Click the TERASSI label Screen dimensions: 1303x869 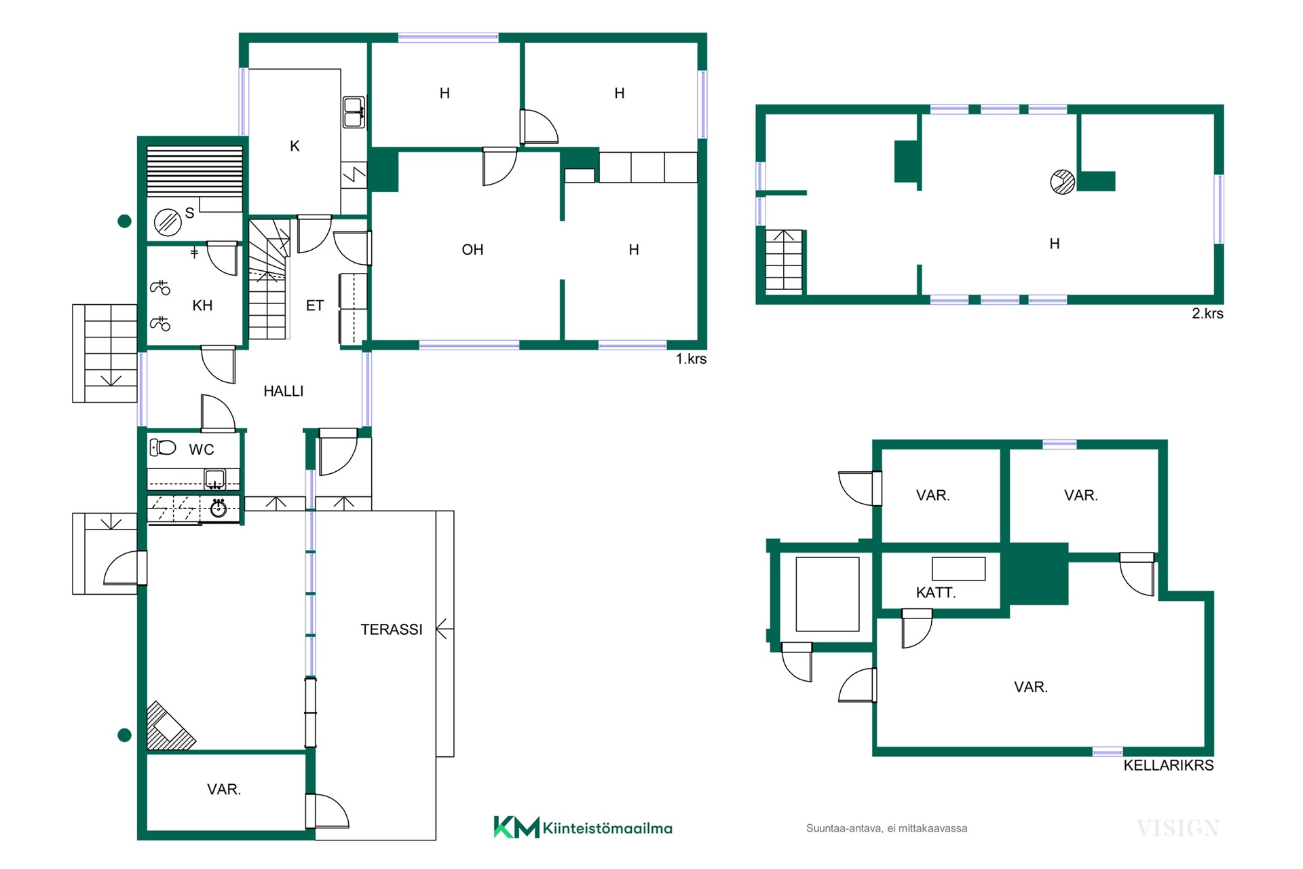(391, 629)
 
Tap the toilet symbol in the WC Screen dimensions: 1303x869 (163, 447)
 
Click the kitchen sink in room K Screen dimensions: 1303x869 (354, 113)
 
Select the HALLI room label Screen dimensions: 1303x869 (283, 391)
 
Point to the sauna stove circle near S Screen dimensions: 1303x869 (168, 222)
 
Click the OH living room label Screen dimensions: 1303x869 (472, 250)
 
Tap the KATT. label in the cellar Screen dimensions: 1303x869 (936, 593)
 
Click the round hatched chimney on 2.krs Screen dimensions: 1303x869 (1062, 182)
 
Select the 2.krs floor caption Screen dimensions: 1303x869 (1207, 314)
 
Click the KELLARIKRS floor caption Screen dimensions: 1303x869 (1168, 765)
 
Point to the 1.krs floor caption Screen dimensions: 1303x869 (691, 359)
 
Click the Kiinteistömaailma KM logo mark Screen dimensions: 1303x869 (516, 827)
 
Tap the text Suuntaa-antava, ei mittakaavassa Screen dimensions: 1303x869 (886, 828)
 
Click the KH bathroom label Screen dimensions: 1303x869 (202, 306)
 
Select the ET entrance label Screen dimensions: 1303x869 (314, 306)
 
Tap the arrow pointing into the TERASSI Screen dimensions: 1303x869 (445, 630)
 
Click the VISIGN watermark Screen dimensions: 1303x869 (1178, 828)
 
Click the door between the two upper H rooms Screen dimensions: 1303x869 (539, 127)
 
